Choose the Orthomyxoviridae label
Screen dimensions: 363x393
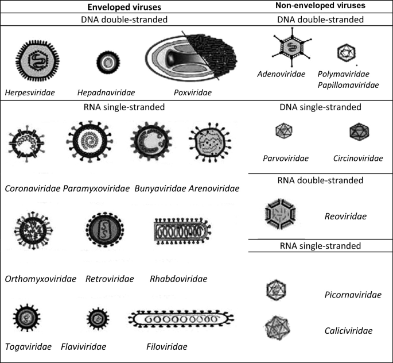[x=40, y=279]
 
